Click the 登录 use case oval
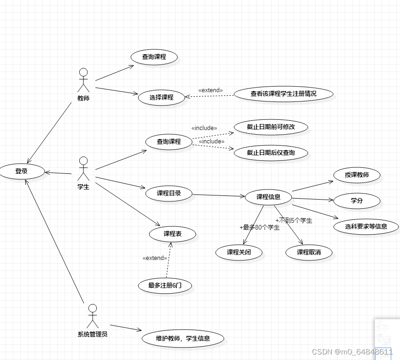[22, 171]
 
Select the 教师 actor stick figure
[83, 81]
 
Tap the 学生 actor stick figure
[83, 169]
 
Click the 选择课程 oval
[161, 97]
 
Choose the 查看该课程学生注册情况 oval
[283, 94]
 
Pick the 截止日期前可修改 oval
[271, 127]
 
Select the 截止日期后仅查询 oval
[271, 153]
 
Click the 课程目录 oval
[169, 194]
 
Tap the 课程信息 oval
[268, 197]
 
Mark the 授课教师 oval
[356, 175]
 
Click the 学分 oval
[357, 201]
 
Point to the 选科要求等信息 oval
[366, 226]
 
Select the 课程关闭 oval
[239, 252]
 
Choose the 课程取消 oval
[309, 252]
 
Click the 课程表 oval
[172, 234]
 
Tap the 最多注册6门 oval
[165, 285]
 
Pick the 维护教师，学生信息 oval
[182, 338]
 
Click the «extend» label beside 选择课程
[211, 90]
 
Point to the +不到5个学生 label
[294, 220]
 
